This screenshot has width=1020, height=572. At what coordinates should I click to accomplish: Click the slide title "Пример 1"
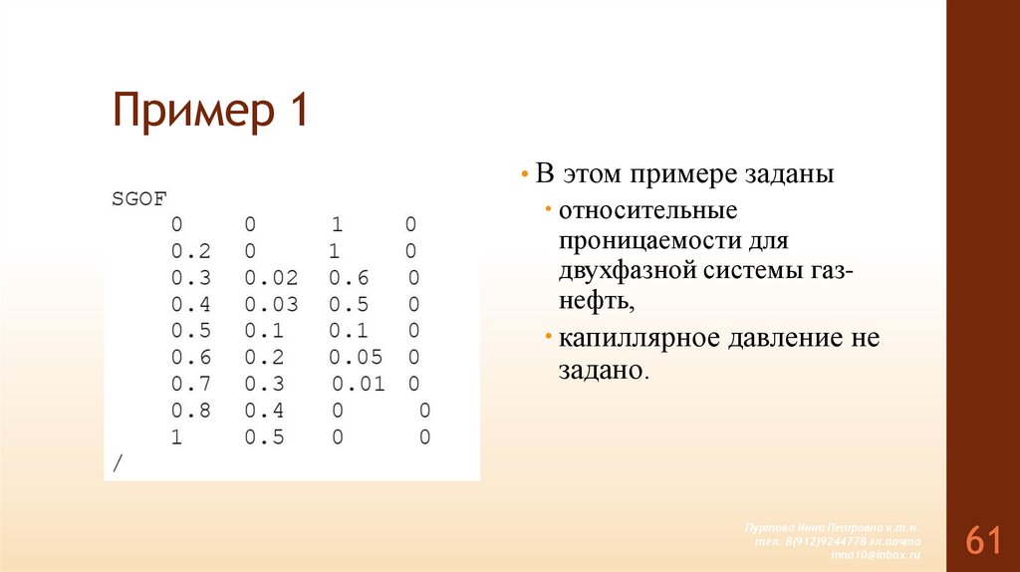coord(210,111)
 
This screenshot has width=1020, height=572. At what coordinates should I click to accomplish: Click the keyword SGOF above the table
coord(132,197)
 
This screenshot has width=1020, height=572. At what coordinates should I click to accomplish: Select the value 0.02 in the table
coord(271,277)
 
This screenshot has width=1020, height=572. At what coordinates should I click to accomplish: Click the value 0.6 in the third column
coord(350,277)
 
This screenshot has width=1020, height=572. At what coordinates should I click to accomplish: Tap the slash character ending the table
coord(118,463)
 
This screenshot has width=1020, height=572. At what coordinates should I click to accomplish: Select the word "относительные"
coord(647,211)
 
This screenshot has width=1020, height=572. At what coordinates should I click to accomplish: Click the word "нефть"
coord(595,300)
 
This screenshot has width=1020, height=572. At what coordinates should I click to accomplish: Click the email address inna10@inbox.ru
coord(876,553)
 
